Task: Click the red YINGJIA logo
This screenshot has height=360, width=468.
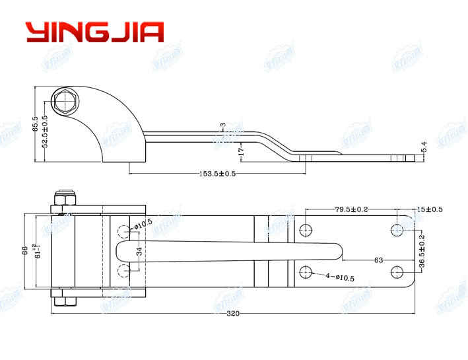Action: tap(94, 32)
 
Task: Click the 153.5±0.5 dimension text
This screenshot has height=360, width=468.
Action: tap(218, 174)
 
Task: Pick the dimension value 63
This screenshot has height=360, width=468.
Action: tap(378, 260)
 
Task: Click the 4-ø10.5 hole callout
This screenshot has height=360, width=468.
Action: tap(339, 278)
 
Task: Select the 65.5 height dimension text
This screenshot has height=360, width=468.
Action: tap(35, 124)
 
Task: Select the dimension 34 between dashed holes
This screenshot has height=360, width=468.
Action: tap(139, 252)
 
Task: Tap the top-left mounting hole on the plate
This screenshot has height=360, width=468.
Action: tap(305, 230)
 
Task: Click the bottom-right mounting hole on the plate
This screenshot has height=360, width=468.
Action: tap(397, 271)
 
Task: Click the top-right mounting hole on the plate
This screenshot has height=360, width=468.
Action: tap(397, 230)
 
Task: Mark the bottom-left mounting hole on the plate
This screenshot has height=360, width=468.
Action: tap(305, 271)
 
